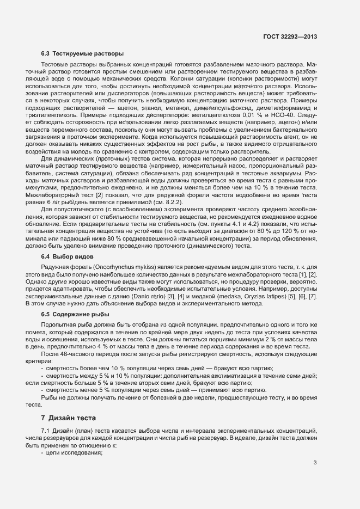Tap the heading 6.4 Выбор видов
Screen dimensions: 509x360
68,256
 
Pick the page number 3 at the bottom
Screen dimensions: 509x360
315,463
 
